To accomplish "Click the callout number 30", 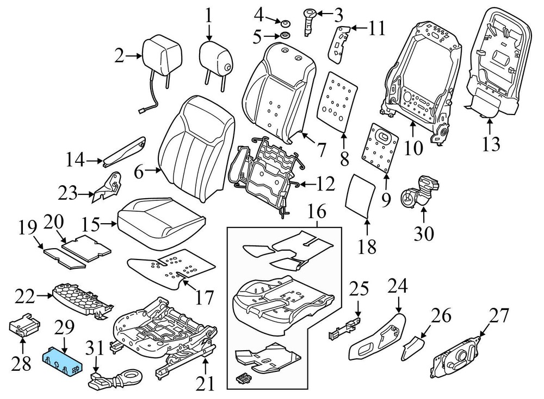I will tap(424, 233).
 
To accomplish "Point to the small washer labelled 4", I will tap(283, 23).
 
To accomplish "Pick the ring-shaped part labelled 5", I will tap(283, 37).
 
